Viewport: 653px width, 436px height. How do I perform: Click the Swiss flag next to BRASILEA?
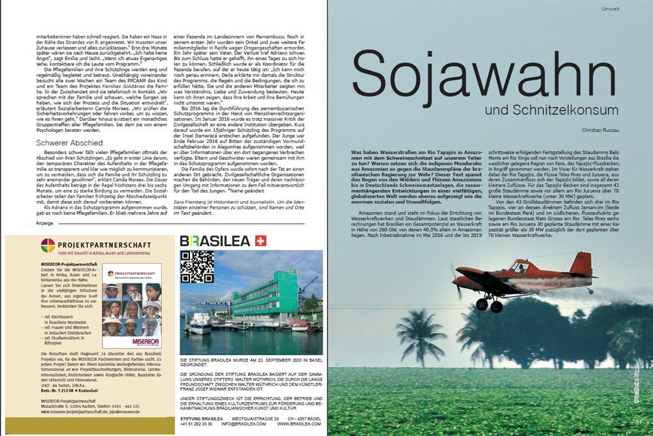point(261,241)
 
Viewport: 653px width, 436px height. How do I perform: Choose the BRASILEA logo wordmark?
point(215,241)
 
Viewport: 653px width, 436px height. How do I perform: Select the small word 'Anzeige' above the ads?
point(44,223)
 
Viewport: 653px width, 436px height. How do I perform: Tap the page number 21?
point(639,422)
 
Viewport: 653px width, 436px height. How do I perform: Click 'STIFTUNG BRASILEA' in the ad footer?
point(202,418)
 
